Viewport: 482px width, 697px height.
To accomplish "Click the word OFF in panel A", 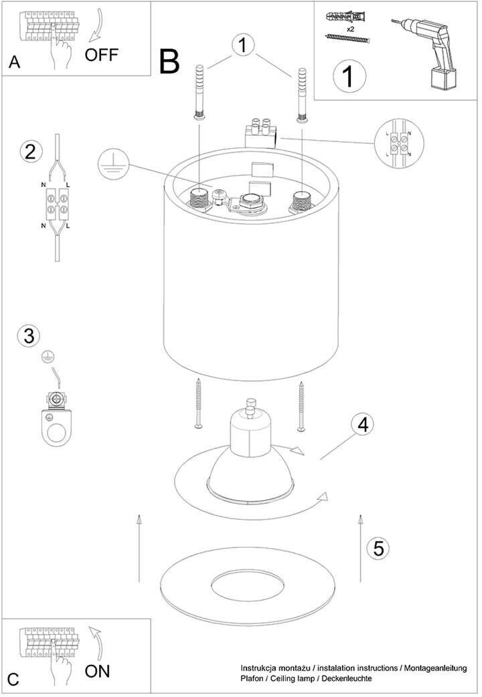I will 101,54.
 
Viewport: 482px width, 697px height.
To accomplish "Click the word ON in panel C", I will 98,670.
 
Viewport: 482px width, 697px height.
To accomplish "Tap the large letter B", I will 170,62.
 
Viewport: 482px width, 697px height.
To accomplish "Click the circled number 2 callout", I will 29,151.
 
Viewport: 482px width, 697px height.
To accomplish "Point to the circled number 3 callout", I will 28,335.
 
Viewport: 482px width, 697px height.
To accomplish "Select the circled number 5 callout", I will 378,548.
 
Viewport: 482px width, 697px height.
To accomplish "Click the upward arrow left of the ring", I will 139,547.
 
